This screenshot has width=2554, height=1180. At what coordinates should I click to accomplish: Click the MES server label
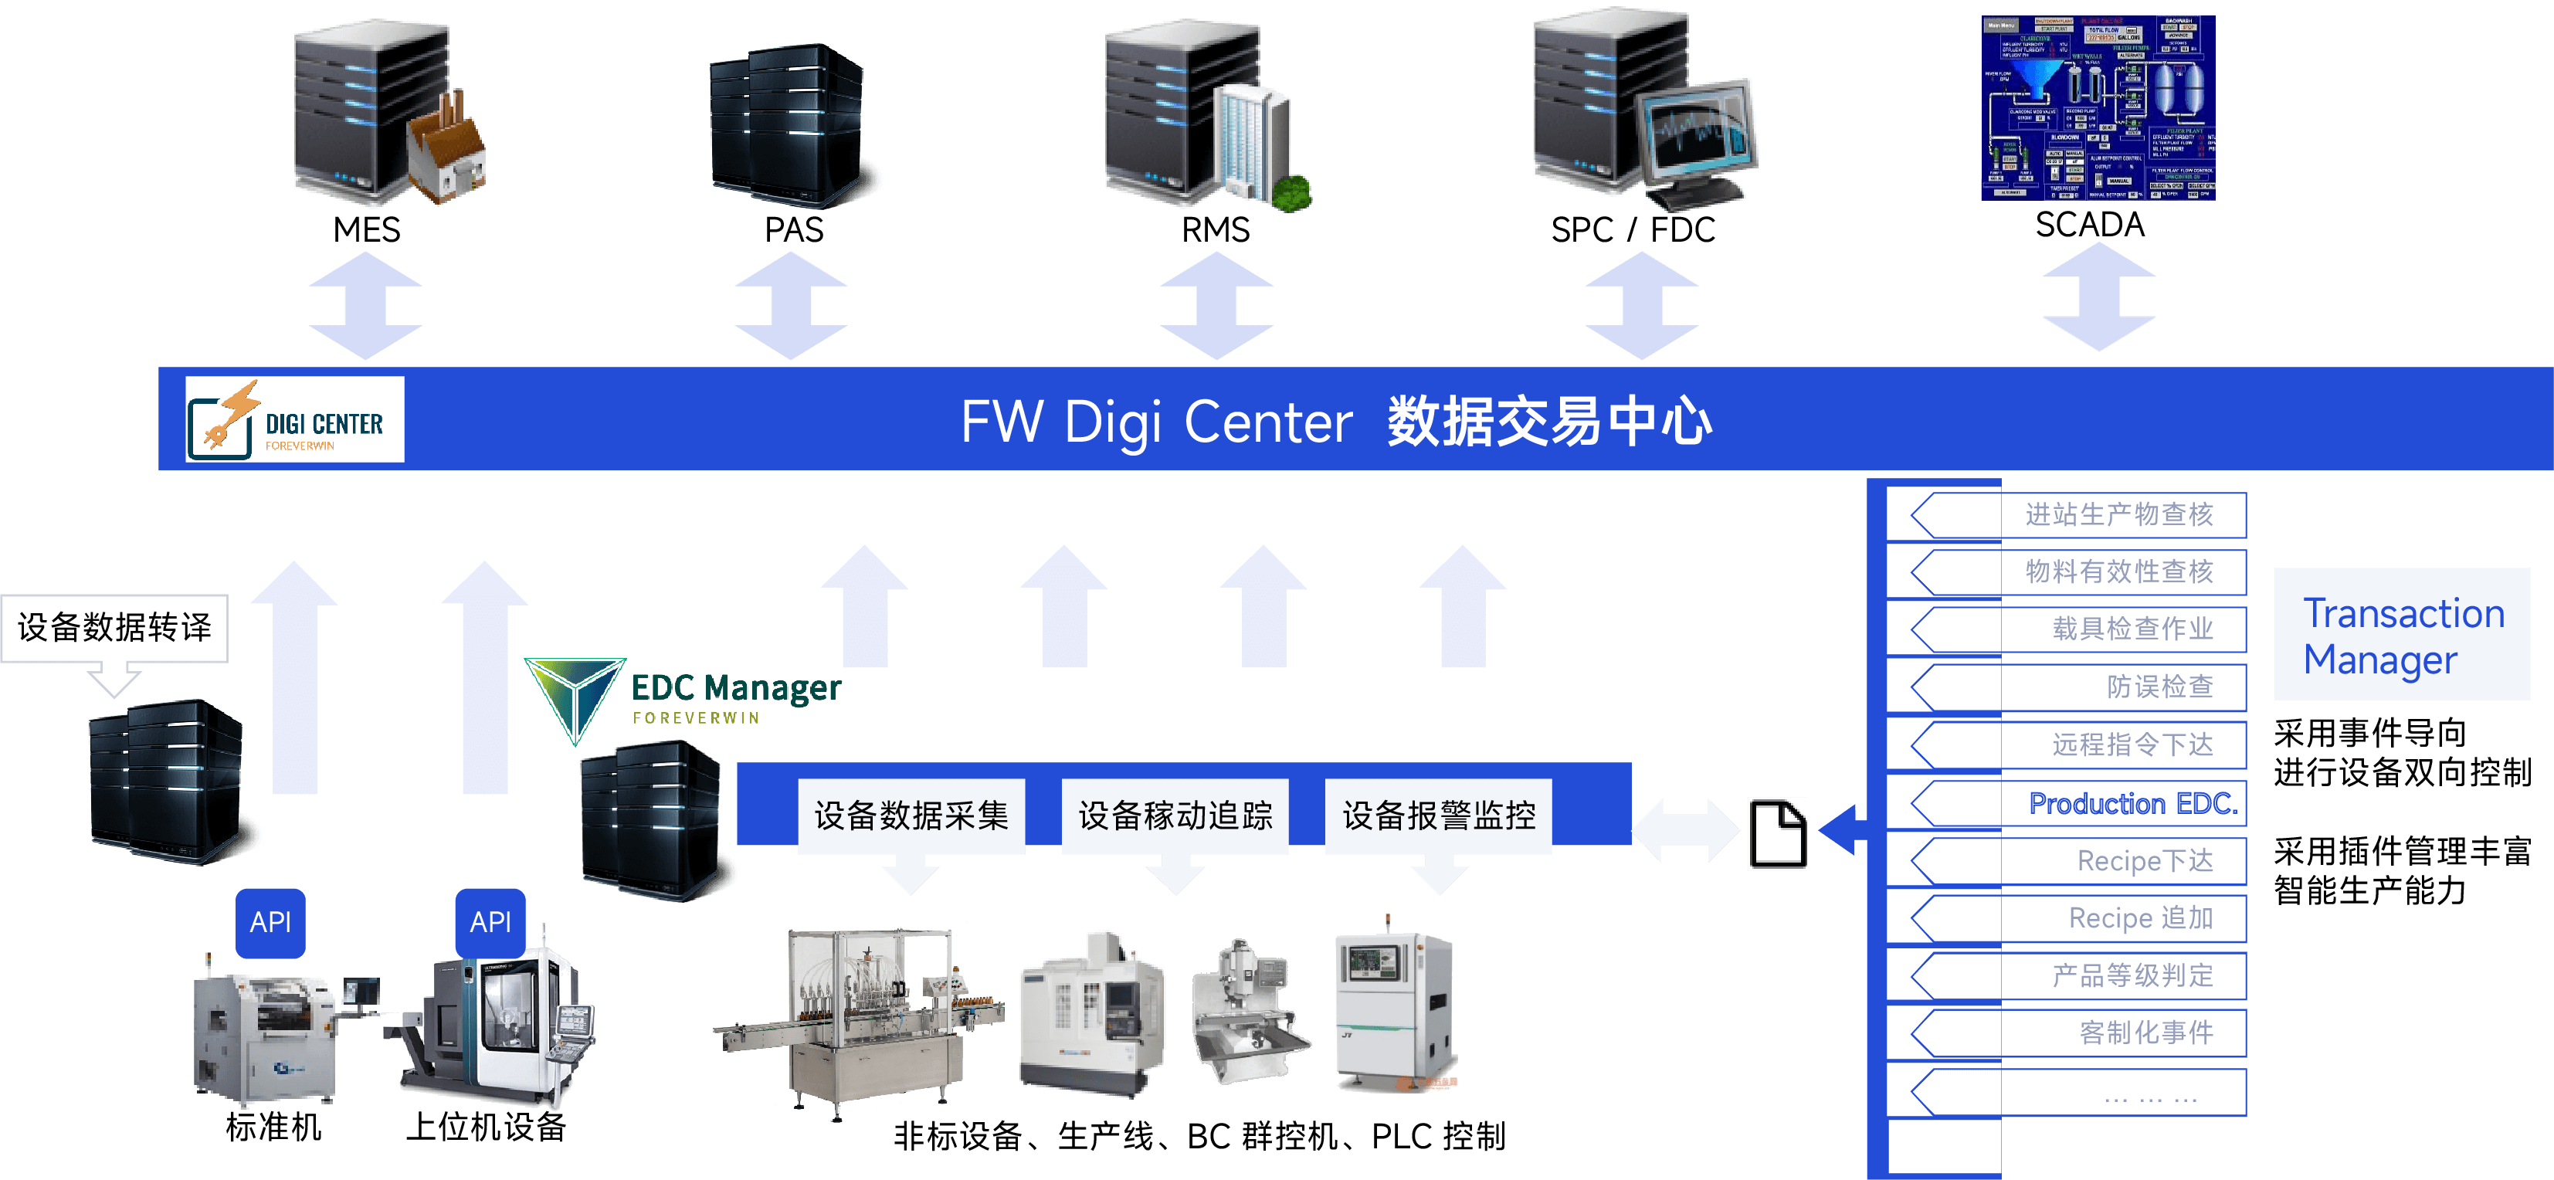(x=366, y=230)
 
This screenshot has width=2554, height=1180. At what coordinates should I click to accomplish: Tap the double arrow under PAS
(x=791, y=305)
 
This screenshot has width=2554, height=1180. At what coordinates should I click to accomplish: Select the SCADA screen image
(x=2098, y=107)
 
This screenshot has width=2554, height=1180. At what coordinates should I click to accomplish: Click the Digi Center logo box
(x=294, y=419)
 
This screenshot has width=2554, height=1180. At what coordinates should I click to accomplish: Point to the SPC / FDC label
(x=1632, y=230)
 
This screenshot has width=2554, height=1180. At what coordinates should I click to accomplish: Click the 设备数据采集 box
(x=911, y=816)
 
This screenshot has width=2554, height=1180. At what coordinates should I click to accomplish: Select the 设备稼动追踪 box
(x=1175, y=816)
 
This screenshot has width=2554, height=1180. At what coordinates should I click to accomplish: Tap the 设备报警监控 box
(x=1439, y=816)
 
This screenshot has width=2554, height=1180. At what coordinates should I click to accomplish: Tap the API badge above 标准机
(x=270, y=922)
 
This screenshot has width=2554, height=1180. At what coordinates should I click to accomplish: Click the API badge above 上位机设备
(x=490, y=922)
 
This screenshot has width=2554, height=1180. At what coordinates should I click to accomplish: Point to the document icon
(x=1777, y=833)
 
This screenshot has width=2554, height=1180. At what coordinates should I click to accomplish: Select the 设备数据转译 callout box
(x=115, y=628)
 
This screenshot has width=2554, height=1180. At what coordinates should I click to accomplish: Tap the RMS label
(x=1215, y=230)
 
